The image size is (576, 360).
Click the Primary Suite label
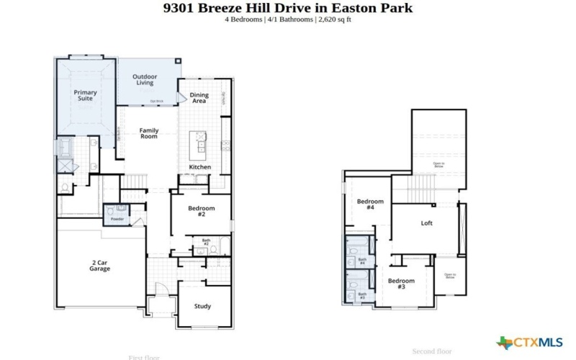tap(85, 96)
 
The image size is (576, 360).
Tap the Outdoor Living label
tap(144, 79)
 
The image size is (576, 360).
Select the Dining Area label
tap(199, 98)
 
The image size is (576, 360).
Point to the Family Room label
tap(148, 133)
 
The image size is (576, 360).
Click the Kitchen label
tap(200, 167)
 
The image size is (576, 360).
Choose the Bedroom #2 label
tap(202, 211)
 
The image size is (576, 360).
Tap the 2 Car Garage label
tap(99, 266)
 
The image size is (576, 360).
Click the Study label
tap(202, 306)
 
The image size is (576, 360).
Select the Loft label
tap(426, 223)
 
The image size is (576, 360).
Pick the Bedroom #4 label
tap(370, 204)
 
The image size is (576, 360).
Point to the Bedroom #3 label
tap(401, 284)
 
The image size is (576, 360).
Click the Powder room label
tap(117, 219)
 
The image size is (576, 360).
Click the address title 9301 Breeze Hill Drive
tap(288, 9)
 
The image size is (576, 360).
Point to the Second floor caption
tap(431, 351)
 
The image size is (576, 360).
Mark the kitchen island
tap(198, 146)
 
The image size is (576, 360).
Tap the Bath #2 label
tap(206, 243)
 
